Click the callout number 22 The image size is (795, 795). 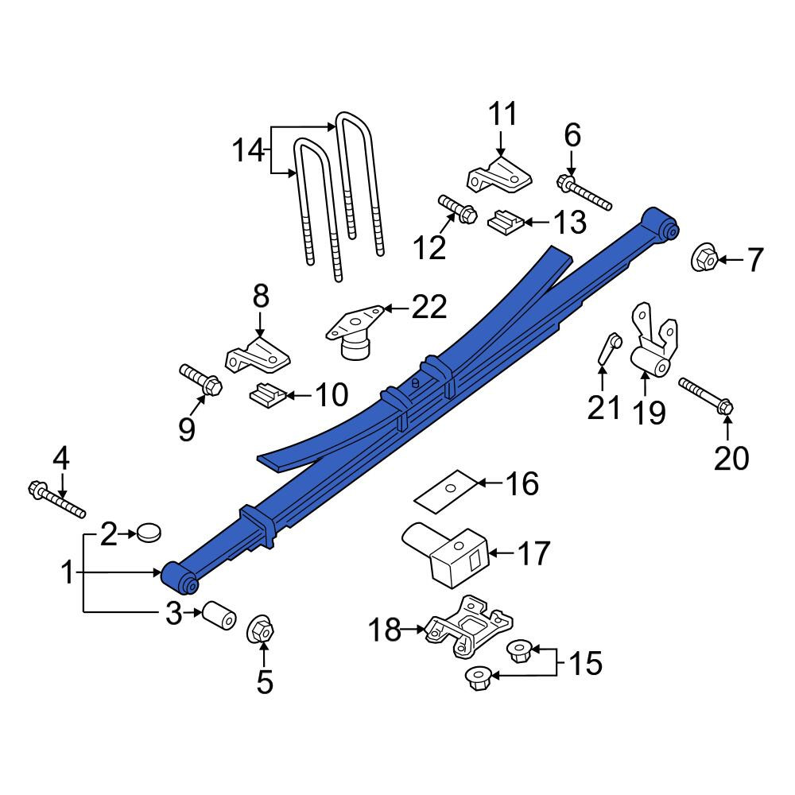click(x=429, y=307)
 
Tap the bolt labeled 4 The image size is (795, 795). click(x=56, y=500)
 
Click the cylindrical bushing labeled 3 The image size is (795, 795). click(x=219, y=615)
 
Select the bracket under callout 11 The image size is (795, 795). click(x=499, y=176)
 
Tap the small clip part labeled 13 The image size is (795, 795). click(x=506, y=222)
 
